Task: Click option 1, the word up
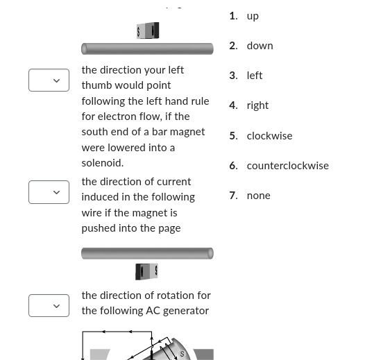[x=253, y=16]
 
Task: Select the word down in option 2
[x=260, y=46]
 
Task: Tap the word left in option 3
[x=255, y=76]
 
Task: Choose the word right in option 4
[x=257, y=105]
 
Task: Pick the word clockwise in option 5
[x=269, y=136]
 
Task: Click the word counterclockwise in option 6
[x=287, y=166]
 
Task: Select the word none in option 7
[x=258, y=196]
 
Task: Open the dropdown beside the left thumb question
[x=49, y=80]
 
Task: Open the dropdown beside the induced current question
[x=49, y=192]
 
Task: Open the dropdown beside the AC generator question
[x=49, y=306]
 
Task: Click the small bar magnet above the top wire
[x=148, y=31]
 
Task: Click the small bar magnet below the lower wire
[x=147, y=271]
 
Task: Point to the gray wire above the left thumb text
[x=147, y=49]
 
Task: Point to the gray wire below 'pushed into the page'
[x=147, y=253]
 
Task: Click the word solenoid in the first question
[x=103, y=163]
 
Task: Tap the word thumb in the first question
[x=96, y=85]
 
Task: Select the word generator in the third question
[x=185, y=311]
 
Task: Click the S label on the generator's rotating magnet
[x=182, y=354]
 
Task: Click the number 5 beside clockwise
[x=232, y=136]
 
